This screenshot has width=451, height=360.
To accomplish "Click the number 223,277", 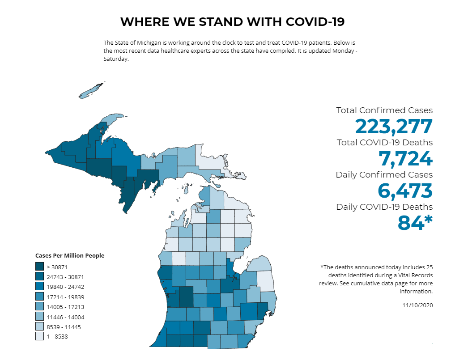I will point(394,127).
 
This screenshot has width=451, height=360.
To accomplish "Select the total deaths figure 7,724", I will point(405,159).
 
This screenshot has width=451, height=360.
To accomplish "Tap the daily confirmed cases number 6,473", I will point(405,191).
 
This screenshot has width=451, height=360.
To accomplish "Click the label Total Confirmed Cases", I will point(384,110).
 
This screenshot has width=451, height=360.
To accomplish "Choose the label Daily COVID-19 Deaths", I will point(384,207).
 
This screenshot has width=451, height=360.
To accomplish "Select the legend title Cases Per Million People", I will point(70,256).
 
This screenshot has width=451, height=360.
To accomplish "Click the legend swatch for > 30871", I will point(39,267).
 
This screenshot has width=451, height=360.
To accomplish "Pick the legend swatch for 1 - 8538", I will point(39,336).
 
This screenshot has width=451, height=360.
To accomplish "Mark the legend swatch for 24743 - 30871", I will point(39,277).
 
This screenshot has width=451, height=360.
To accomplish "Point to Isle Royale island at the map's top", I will point(92,90).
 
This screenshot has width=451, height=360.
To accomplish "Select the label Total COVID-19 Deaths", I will point(384,143).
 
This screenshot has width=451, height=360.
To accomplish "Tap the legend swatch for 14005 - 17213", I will point(39,307).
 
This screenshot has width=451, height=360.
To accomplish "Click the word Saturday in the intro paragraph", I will point(116,59).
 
